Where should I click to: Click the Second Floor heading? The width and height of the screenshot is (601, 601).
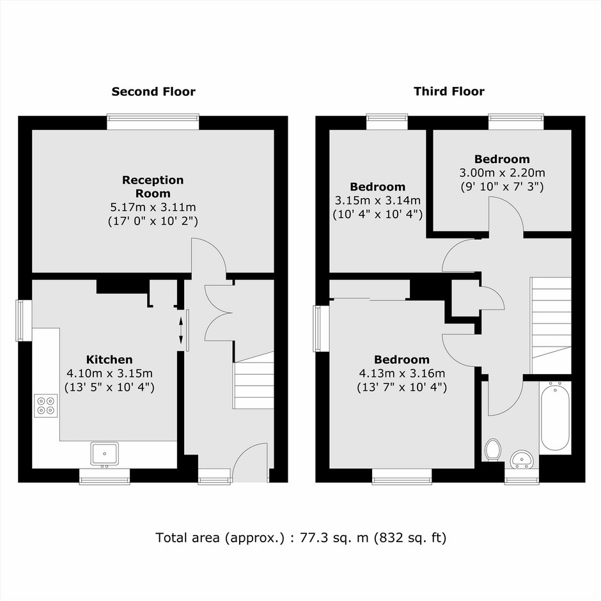click(153, 91)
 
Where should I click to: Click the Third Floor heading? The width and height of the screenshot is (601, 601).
click(449, 91)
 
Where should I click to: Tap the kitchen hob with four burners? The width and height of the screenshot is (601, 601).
click(45, 405)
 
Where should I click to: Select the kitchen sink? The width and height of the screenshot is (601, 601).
click(105, 454)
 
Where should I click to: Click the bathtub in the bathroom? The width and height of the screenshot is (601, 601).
click(554, 416)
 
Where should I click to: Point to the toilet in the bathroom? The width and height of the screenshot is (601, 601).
click(492, 450)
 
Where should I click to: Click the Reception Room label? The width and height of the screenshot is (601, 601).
click(153, 187)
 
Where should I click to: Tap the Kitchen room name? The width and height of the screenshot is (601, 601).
click(109, 359)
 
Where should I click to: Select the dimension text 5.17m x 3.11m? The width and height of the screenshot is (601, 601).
click(153, 207)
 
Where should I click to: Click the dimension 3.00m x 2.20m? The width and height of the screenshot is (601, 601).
click(502, 173)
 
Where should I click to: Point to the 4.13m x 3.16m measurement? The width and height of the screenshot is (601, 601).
click(402, 373)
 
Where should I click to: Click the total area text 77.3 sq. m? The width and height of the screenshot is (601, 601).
click(334, 538)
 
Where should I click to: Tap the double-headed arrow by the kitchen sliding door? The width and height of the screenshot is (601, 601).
click(181, 331)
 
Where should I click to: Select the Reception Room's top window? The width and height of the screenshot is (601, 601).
click(153, 122)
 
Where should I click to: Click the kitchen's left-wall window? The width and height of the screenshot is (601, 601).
click(24, 320)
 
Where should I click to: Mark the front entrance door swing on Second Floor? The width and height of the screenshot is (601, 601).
click(250, 462)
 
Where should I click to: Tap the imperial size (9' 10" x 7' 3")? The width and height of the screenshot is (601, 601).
click(502, 187)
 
